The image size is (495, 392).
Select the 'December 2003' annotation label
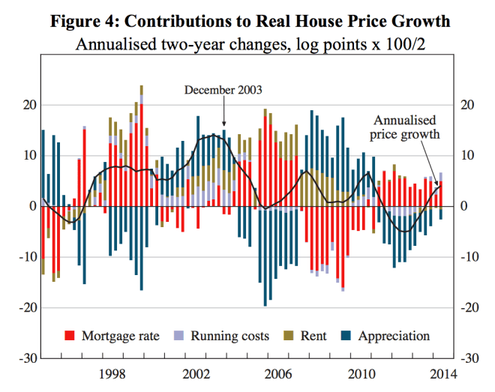tap(223, 90)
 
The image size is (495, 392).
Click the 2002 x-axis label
tap(197, 373)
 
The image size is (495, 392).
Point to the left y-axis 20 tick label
tap(28, 105)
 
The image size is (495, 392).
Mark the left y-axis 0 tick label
tap(31, 206)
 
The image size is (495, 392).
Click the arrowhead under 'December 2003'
tap(223, 124)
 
